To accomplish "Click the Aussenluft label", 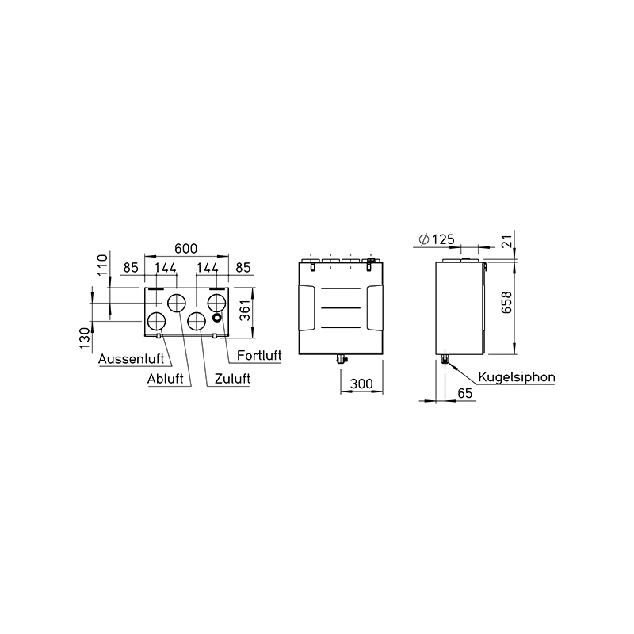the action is coord(132,359).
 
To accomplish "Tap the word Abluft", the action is coord(165,379).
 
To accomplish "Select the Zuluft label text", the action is coord(232,379).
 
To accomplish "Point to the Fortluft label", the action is coord(259,355).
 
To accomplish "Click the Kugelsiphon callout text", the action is coord(517,377).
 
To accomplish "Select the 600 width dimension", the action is coord(186,248).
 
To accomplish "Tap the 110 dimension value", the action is coord(103,264).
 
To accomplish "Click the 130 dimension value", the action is coord(85,338).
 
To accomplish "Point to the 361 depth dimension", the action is coord(245,311).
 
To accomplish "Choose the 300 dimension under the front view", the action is coord(361,384).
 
